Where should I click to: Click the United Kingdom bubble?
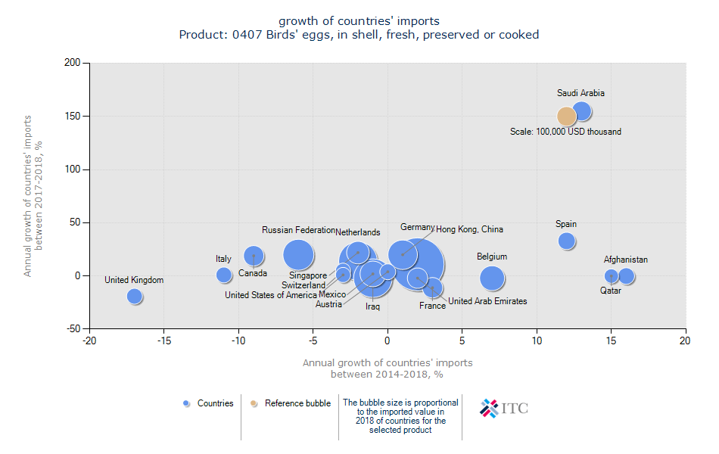coord(135,297)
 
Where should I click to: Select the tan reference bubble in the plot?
coord(567,116)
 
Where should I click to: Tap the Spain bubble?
coord(567,241)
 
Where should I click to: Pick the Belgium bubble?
coord(492,278)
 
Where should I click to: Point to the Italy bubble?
coord(223,275)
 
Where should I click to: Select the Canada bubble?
coord(254,256)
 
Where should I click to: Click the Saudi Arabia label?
coord(580,93)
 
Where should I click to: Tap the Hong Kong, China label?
coord(469,229)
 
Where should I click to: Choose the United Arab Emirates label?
coord(487,301)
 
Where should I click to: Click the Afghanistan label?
coord(626,260)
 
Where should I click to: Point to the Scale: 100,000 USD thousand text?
coord(565,132)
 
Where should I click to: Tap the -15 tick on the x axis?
coord(164,341)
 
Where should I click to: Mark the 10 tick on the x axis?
coord(537,341)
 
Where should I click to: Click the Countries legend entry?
coord(208,403)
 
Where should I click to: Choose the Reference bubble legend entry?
coord(291,403)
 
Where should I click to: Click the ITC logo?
coord(504,409)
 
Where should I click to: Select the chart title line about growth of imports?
coord(359,20)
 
